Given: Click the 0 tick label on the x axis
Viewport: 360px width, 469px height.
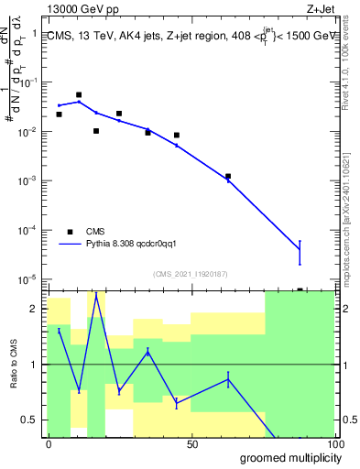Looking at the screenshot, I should tap(48, 444).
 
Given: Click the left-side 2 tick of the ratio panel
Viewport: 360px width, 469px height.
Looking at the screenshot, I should tap(39, 308).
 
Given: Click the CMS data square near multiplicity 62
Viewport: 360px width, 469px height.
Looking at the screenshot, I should tap(228, 176).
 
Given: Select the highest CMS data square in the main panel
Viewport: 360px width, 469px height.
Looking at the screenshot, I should tap(79, 94).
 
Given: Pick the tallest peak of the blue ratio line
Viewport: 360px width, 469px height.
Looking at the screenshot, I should tap(96, 294).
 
